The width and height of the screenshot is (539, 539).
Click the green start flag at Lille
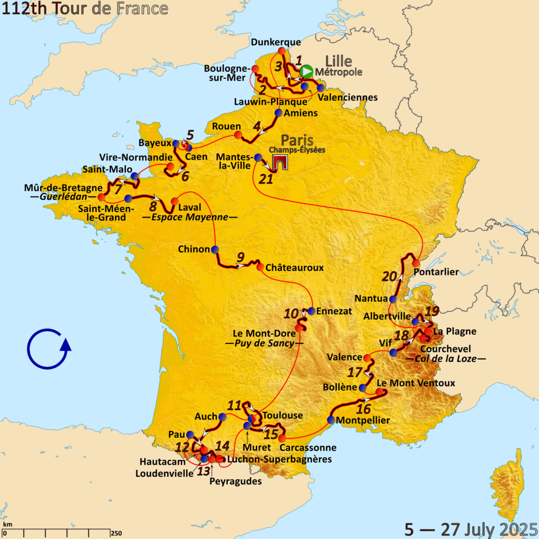click(x=307, y=72)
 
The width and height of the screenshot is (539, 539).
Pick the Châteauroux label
click(x=295, y=268)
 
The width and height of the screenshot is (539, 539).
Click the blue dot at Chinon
click(x=214, y=250)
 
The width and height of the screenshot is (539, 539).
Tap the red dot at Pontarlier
click(x=416, y=263)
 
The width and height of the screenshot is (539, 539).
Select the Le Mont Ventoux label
click(x=415, y=383)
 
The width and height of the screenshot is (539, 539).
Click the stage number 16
click(x=364, y=408)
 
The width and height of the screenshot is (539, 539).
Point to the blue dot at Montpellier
click(x=331, y=420)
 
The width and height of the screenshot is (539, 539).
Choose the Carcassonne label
click(x=308, y=448)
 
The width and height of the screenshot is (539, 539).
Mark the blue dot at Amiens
click(x=278, y=113)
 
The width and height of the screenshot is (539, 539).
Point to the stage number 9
click(x=240, y=257)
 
